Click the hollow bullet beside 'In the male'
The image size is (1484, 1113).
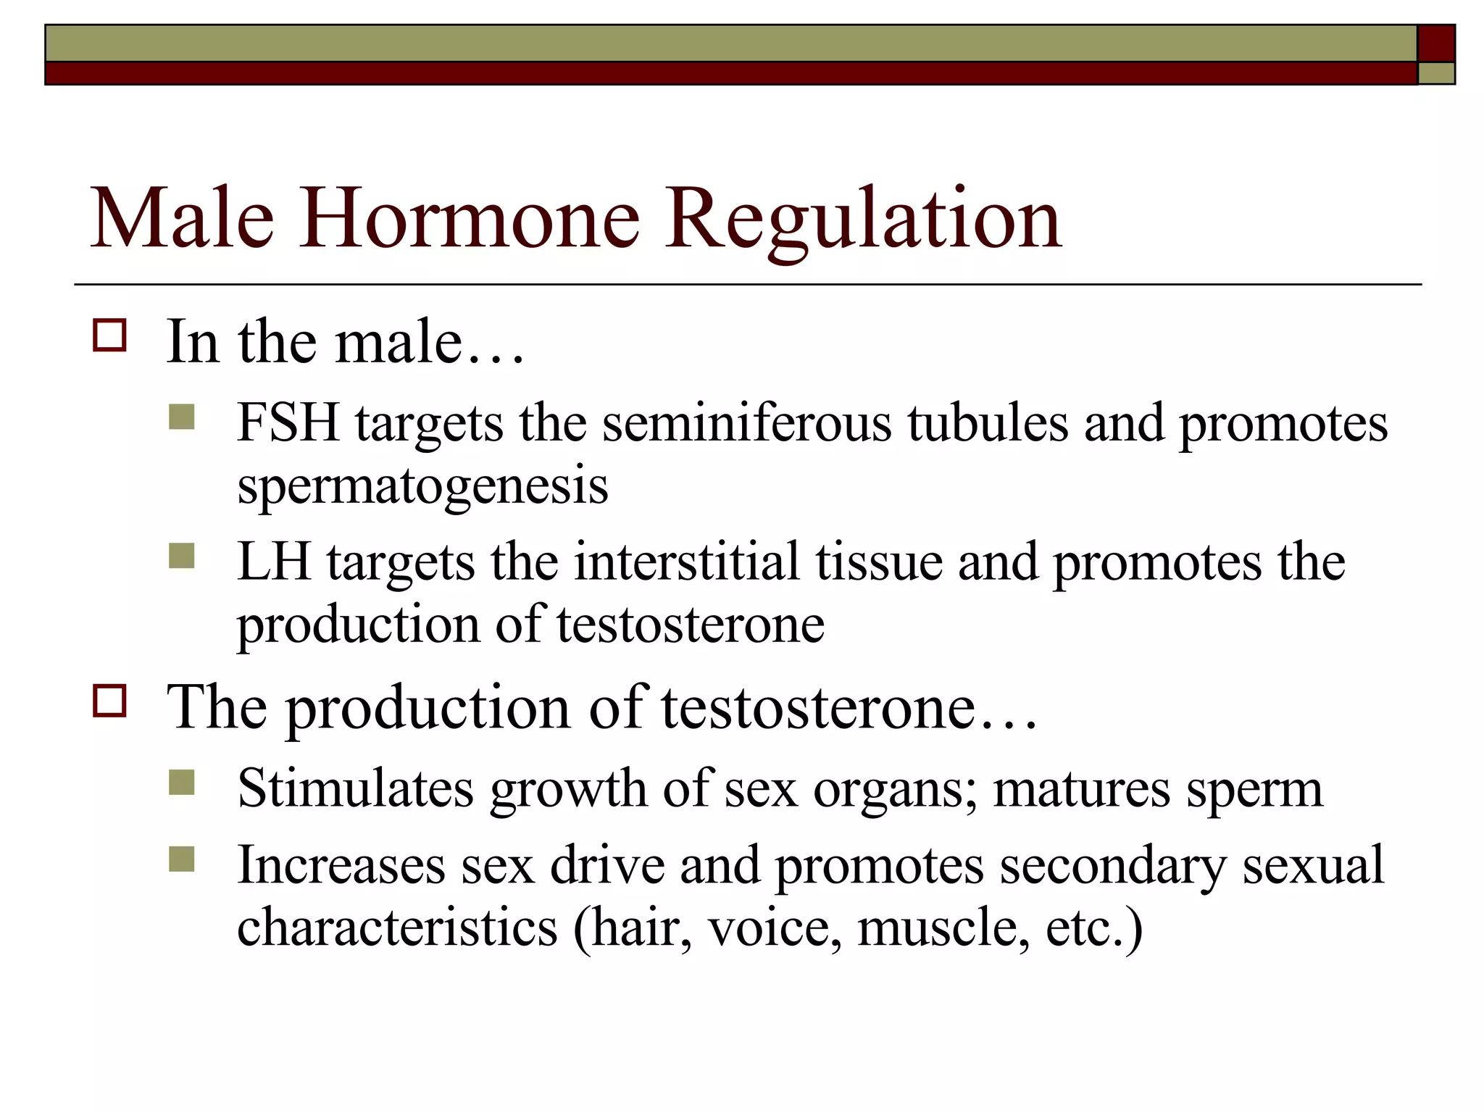109,336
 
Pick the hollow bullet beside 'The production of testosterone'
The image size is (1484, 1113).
109,701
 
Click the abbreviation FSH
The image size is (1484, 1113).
288,422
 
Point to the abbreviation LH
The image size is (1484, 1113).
274,562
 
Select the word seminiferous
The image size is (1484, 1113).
746,422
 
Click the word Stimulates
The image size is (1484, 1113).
356,788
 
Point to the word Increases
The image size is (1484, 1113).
341,865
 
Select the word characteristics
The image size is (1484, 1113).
397,927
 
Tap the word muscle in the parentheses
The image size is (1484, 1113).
943,927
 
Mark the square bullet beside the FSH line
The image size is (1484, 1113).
182,417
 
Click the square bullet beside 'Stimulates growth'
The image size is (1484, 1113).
182,783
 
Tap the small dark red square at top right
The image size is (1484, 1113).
1436,43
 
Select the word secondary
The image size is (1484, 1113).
1113,865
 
